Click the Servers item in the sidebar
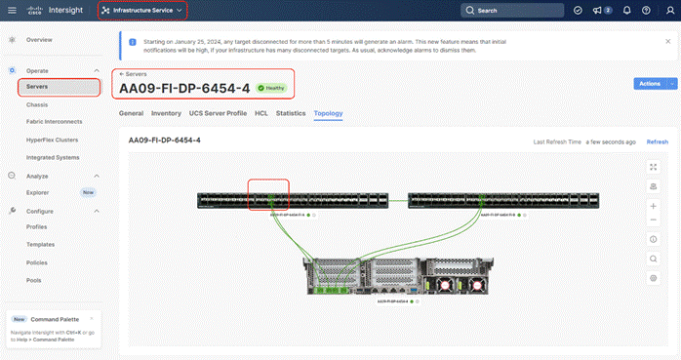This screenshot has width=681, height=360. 39,87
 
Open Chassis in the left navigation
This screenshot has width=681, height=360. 40,104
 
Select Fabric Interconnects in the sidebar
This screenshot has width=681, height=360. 55,121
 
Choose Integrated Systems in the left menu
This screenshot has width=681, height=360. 53,156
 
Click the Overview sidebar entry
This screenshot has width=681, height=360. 39,40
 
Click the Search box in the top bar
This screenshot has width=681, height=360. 513,10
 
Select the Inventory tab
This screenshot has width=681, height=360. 166,113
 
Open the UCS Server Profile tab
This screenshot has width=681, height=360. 220,113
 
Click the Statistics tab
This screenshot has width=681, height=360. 291,113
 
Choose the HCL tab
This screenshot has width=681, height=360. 261,113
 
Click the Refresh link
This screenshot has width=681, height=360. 658,141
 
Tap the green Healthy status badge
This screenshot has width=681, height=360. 272,88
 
